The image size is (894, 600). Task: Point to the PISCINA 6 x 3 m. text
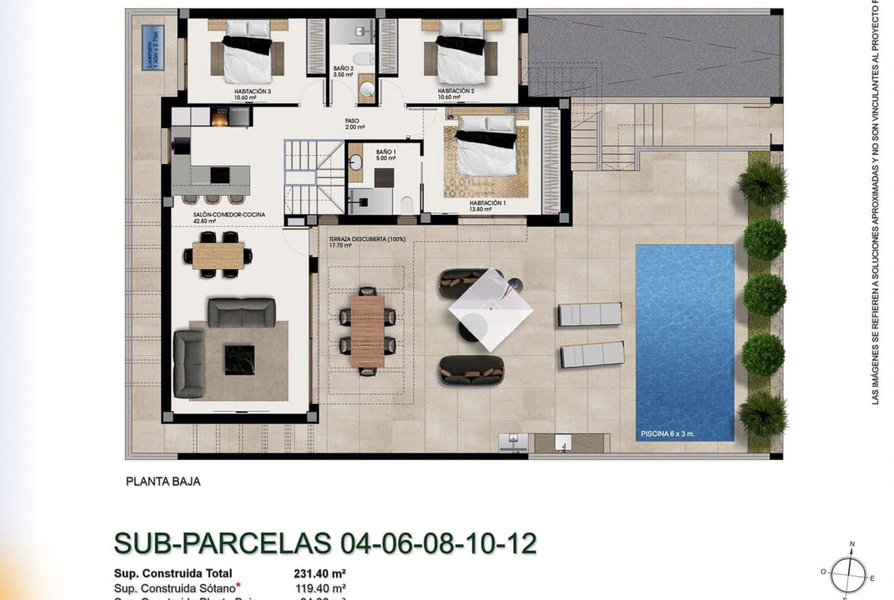tap(667, 434)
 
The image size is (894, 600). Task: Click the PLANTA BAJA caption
tap(163, 482)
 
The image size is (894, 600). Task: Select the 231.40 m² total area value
tap(320, 572)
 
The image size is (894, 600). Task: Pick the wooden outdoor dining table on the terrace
tap(368, 331)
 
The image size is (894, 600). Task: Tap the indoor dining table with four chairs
tap(218, 255)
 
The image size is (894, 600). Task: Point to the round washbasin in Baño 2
tap(368, 90)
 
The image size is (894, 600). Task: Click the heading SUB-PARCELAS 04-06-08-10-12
tap(326, 542)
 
